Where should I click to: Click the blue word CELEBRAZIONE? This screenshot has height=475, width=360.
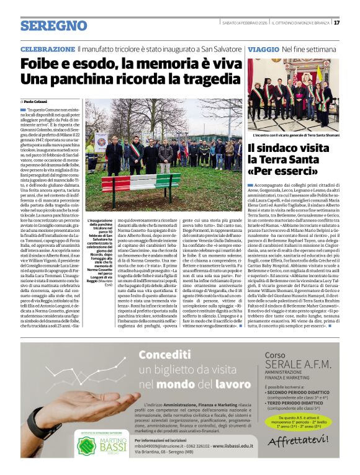[x=43, y=49]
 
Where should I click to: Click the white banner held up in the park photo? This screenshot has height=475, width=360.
[x=100, y=142]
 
